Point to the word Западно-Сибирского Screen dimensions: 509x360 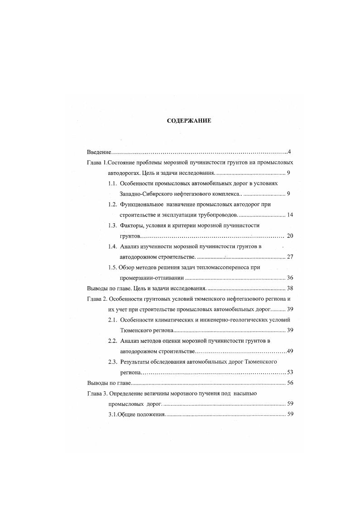pyautogui.click(x=148, y=194)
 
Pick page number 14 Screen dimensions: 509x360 pyautogui.click(x=290, y=215)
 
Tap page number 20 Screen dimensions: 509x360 pyautogui.click(x=290, y=236)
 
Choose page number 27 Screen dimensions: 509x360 pyautogui.click(x=290, y=257)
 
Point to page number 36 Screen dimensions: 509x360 pyautogui.click(x=290, y=278)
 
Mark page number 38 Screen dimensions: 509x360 pyautogui.click(x=290, y=288)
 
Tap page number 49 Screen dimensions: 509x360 pyautogui.click(x=290, y=351)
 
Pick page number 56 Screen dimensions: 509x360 pyautogui.click(x=290, y=383)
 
